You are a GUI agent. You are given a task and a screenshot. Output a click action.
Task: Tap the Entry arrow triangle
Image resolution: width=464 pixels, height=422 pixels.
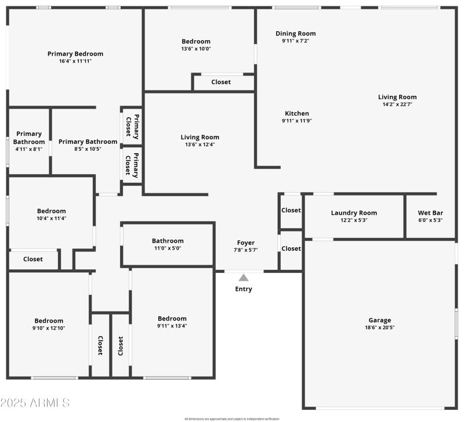tap(244, 278)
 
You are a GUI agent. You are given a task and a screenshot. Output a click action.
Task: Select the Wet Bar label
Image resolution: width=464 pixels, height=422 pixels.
tap(430, 212)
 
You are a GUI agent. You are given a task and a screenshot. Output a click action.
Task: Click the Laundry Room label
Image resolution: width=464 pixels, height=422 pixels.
tap(354, 212)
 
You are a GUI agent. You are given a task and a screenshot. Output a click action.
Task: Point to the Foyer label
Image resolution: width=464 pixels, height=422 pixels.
tap(246, 243)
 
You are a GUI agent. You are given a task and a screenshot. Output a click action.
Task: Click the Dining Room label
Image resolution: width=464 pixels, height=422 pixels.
tap(296, 34)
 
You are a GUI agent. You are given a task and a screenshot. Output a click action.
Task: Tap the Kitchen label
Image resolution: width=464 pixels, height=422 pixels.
tap(297, 113)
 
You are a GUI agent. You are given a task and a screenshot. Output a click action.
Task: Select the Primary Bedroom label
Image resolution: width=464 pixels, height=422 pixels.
tap(75, 54)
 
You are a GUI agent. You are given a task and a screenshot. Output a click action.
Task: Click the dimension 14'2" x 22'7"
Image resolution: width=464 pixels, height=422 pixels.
tap(397, 104)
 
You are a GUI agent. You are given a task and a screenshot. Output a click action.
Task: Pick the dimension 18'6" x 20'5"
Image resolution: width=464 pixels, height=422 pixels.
tap(380, 327)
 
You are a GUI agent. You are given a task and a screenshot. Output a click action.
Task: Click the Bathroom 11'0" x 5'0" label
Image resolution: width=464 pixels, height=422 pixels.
tap(168, 241)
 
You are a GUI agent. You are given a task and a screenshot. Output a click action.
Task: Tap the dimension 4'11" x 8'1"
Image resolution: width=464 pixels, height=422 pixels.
tap(29, 149)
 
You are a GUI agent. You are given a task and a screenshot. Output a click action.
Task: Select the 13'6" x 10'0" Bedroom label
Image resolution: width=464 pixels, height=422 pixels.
tap(196, 41)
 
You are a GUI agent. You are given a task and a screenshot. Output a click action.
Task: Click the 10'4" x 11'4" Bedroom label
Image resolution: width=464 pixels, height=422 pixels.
tap(52, 211)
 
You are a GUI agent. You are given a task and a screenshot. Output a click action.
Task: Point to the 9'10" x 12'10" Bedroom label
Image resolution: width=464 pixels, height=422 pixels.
tap(49, 320)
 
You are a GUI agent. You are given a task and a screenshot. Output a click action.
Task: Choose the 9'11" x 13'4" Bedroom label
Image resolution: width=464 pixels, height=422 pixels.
tap(172, 318)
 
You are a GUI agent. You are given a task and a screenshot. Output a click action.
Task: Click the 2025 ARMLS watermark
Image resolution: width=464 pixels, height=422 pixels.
tap(35, 402)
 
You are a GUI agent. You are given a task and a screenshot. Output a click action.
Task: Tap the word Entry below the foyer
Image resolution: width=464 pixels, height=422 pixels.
tap(244, 289)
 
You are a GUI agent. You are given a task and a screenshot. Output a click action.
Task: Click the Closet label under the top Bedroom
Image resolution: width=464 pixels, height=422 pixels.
tap(221, 82)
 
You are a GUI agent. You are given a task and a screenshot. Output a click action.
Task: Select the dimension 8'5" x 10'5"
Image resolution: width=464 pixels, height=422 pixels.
tap(88, 149)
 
